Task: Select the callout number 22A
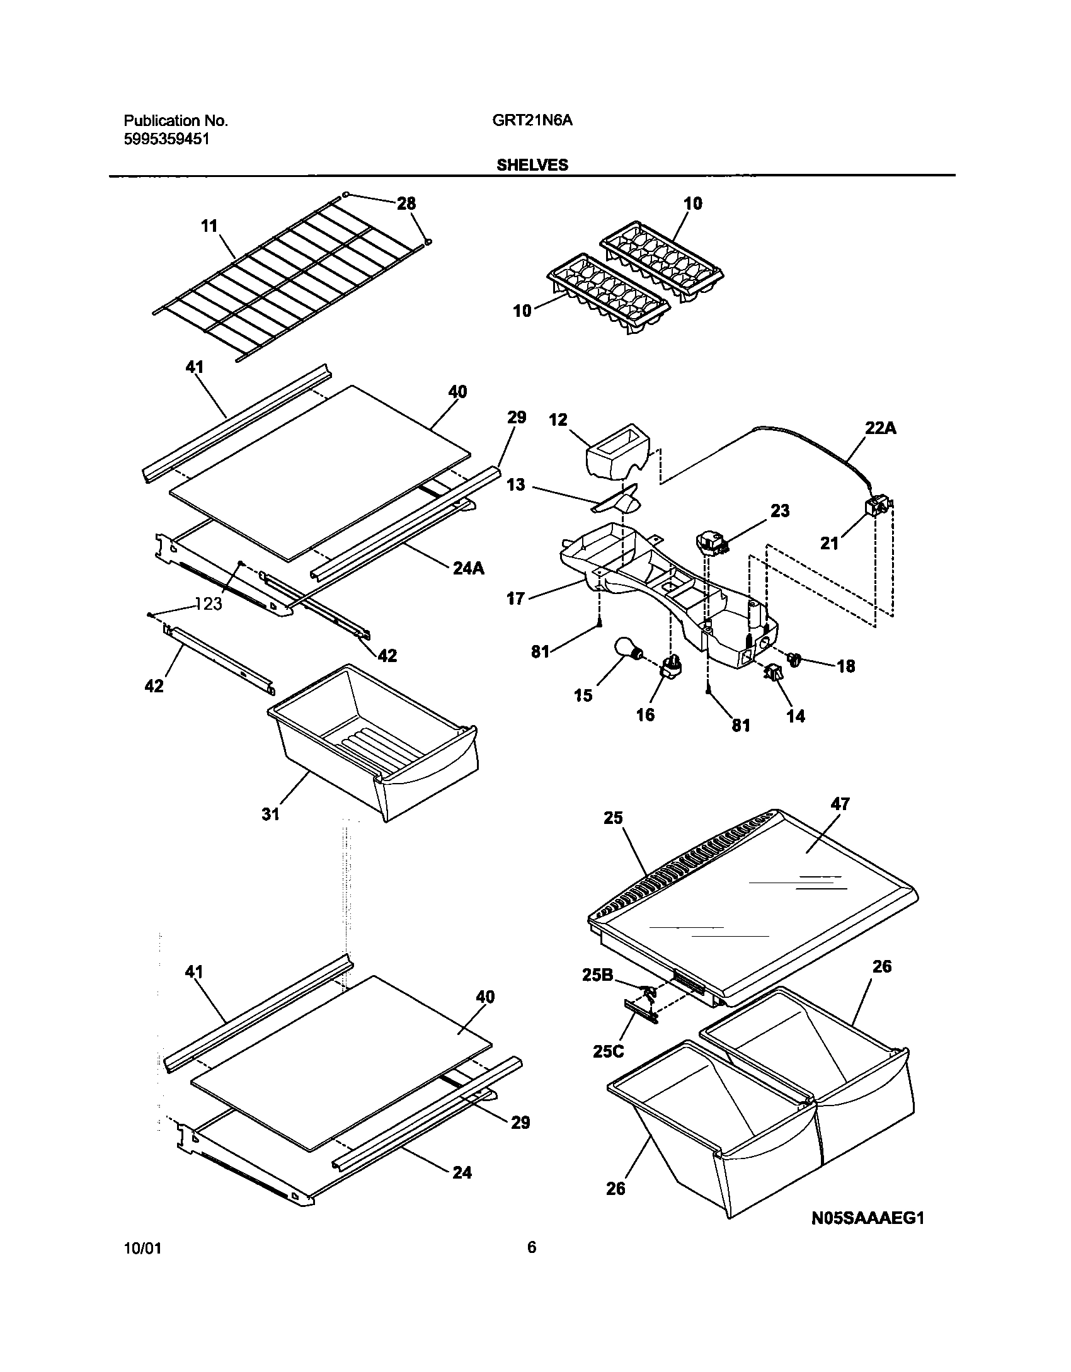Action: pos(880,429)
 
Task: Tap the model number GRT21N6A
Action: pos(532,121)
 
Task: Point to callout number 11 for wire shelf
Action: pos(209,226)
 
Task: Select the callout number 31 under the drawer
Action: pos(270,815)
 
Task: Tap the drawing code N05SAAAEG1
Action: pos(868,1218)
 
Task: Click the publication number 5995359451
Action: pos(166,139)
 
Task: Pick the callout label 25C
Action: pos(609,1051)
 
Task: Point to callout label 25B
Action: pos(598,975)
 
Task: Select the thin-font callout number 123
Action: pos(209,604)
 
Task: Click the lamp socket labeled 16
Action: pos(672,667)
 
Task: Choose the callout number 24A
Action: pos(469,568)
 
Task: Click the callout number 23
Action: pos(779,511)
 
